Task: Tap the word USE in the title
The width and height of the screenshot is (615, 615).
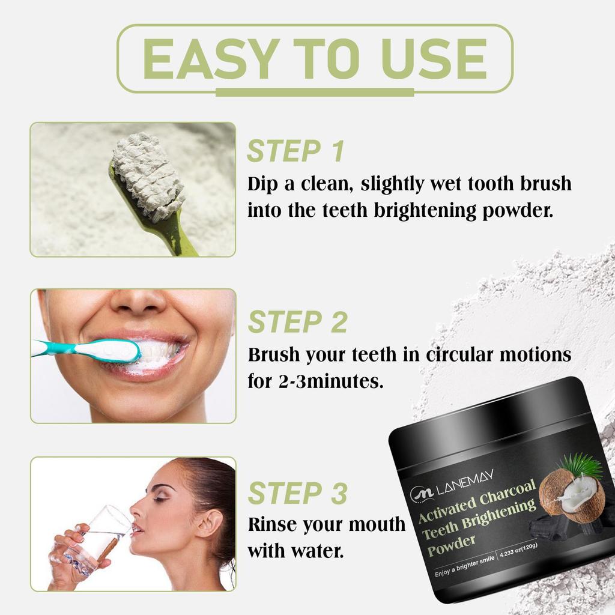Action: point(428,59)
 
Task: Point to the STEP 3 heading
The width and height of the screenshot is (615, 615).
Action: point(297,493)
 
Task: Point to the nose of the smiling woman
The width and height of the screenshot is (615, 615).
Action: point(138,300)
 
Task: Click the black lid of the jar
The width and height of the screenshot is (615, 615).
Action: point(492,414)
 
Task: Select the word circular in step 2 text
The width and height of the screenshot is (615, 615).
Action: point(463,355)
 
